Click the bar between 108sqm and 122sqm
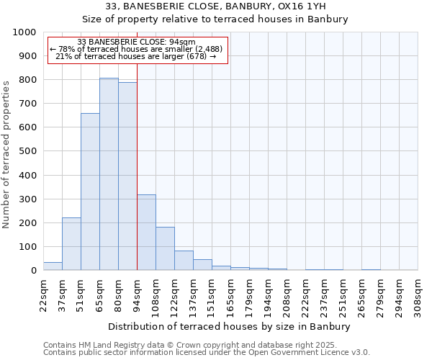(x=165, y=248)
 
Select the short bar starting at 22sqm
(x=53, y=266)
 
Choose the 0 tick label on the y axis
(x=34, y=271)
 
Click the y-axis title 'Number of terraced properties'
(x=6, y=154)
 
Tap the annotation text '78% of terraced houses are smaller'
(x=136, y=49)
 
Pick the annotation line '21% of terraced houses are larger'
(x=136, y=56)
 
